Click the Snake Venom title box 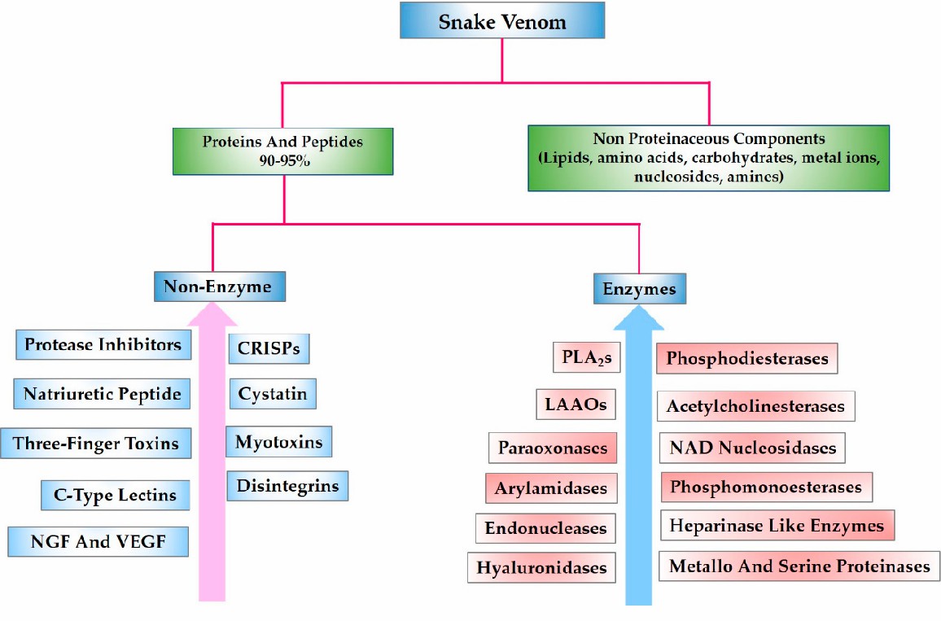[502, 21]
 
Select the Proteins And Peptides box [283, 151]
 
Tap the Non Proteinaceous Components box [708, 158]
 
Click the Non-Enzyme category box [219, 286]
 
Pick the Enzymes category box [640, 289]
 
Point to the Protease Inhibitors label [103, 344]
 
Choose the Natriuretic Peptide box [102, 395]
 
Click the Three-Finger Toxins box [96, 444]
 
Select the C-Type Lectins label [109, 494]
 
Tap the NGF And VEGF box [98, 541]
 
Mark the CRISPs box [269, 348]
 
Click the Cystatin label [273, 395]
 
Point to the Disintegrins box [287, 486]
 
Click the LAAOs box [576, 403]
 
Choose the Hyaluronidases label [541, 567]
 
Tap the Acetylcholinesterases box [756, 406]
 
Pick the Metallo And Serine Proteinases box [799, 566]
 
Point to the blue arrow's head [639, 313]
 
